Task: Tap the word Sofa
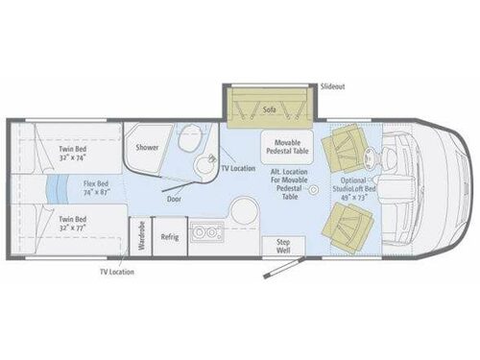pos(271,110)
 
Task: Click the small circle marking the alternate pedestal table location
pos(312,192)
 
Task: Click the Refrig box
pos(169,235)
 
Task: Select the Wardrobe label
pos(140,235)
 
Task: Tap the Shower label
pos(147,148)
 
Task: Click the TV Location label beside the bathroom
pos(238,167)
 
